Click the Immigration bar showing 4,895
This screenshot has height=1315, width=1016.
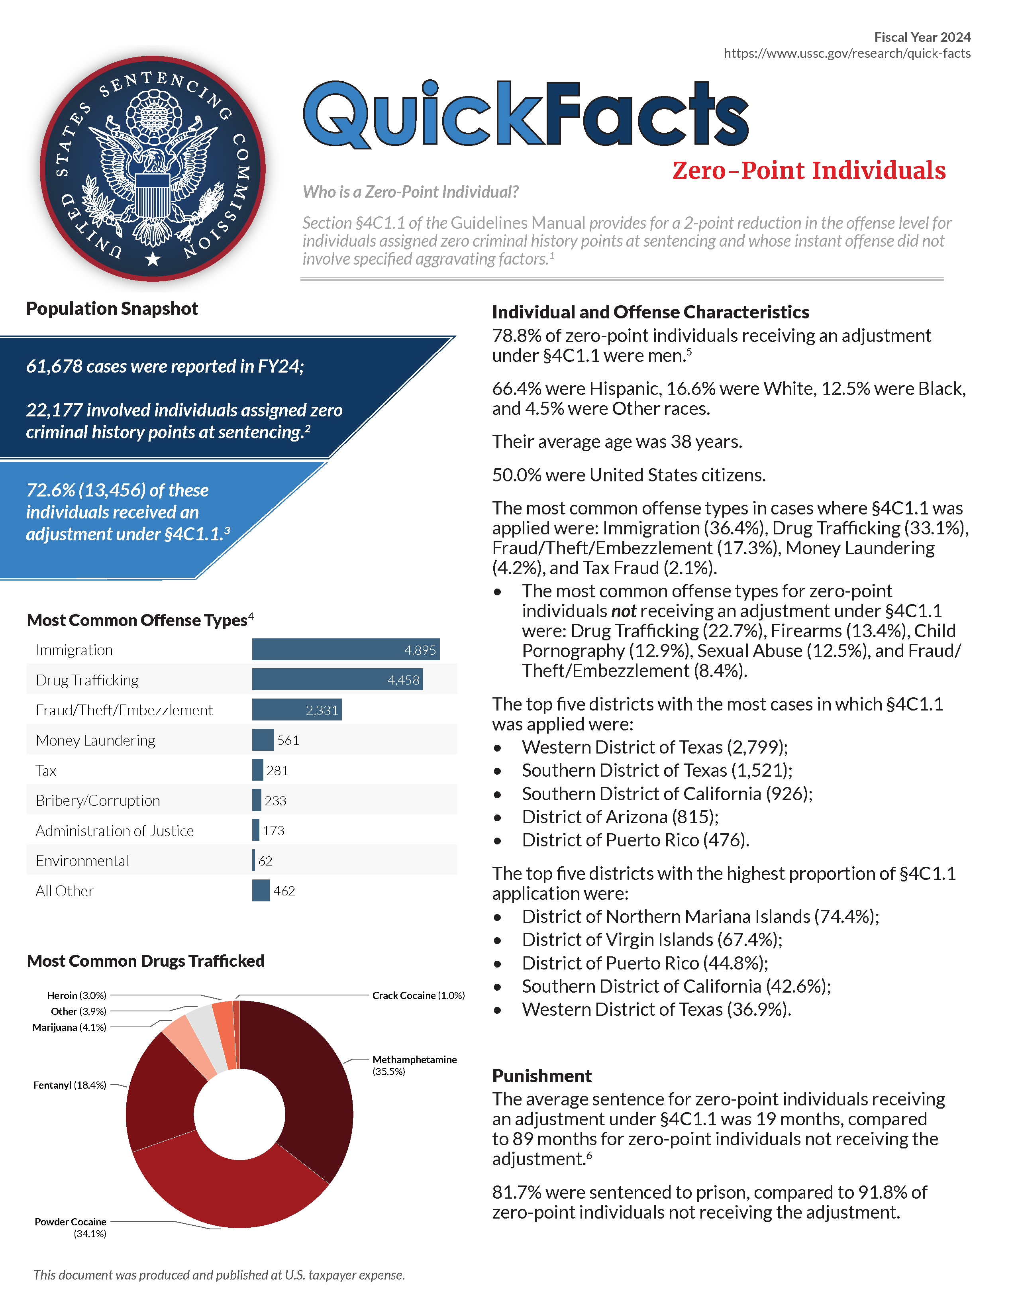pos(345,650)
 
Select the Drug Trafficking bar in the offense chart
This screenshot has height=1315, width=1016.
pos(337,680)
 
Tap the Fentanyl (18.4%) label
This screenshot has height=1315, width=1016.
pos(70,1085)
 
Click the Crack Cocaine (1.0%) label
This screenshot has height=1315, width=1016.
pos(418,996)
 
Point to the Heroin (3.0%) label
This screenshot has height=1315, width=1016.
pos(76,996)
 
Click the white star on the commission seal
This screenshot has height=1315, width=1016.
pos(153,259)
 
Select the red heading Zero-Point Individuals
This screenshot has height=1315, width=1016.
pos(808,171)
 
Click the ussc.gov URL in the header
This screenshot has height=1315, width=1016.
pos(847,53)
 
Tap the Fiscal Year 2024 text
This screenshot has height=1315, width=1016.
pos(922,37)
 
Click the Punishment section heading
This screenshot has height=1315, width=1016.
pos(542,1076)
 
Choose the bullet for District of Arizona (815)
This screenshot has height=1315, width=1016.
pos(498,818)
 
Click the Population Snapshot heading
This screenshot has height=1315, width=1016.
pos(112,309)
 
